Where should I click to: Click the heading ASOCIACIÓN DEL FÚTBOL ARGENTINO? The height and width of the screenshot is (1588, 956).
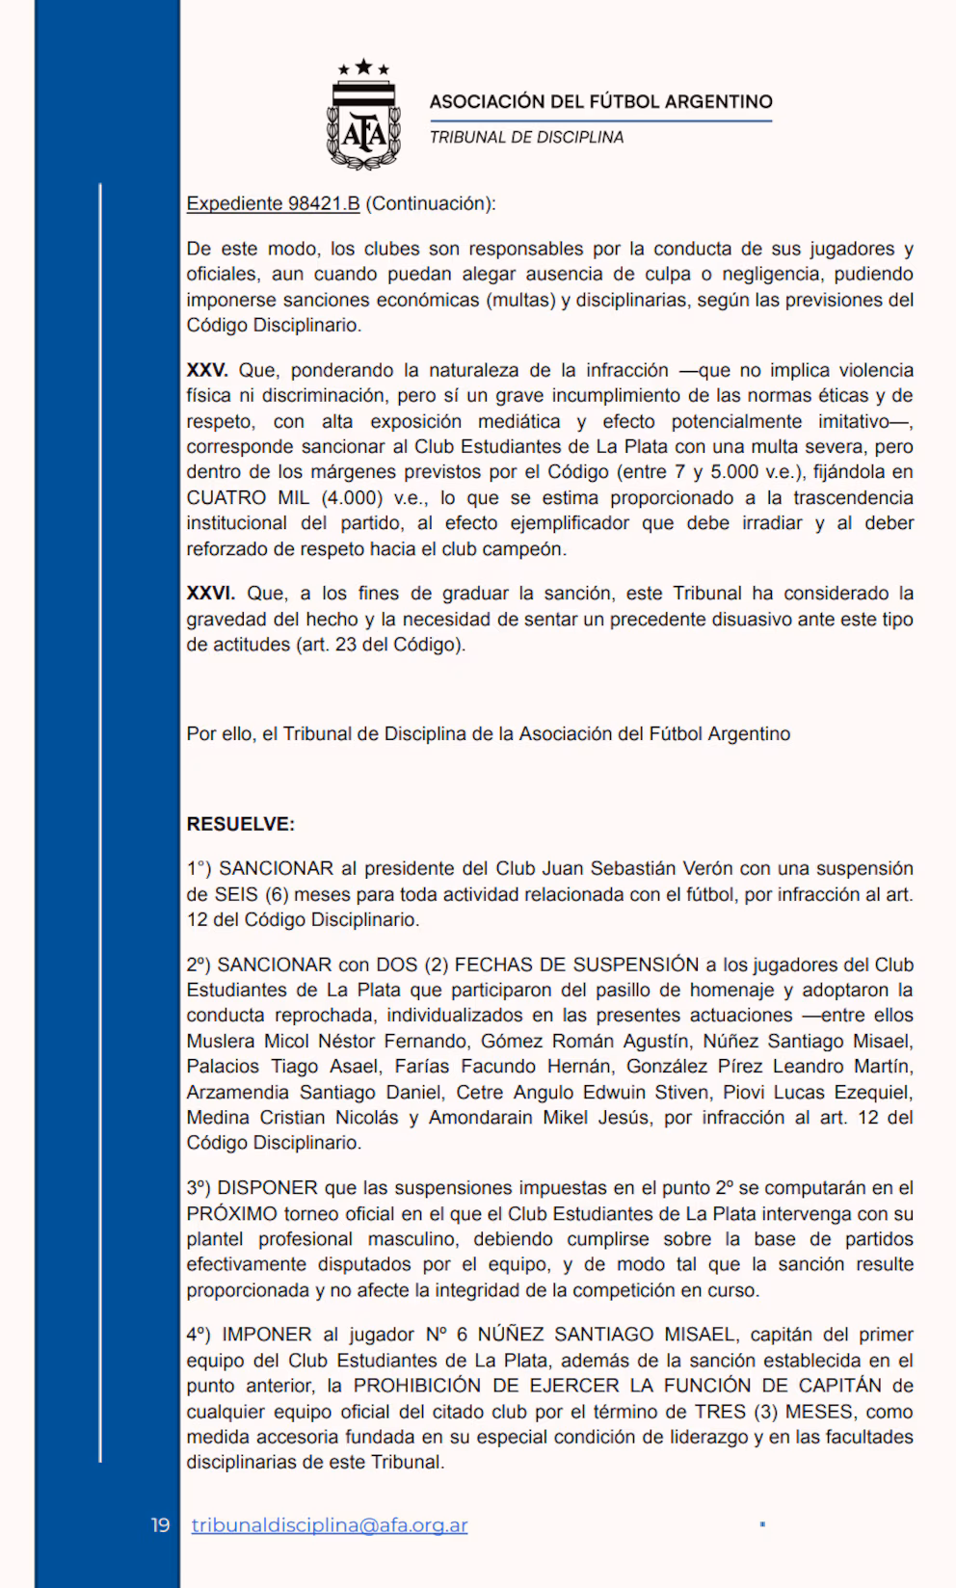click(600, 101)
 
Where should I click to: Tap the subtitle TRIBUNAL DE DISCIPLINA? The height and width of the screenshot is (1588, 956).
click(526, 137)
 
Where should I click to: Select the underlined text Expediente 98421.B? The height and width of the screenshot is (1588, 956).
click(273, 203)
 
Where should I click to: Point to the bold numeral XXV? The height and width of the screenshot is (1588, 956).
click(206, 370)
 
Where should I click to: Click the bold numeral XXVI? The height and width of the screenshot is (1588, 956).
click(210, 593)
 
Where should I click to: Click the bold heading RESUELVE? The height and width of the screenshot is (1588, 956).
click(240, 824)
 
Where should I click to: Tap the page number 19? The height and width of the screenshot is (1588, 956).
click(160, 1525)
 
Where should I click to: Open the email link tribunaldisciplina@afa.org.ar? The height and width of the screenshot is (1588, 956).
click(330, 1525)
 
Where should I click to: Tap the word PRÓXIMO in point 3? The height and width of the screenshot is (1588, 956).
click(231, 1213)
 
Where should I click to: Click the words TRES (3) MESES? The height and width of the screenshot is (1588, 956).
click(774, 1411)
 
